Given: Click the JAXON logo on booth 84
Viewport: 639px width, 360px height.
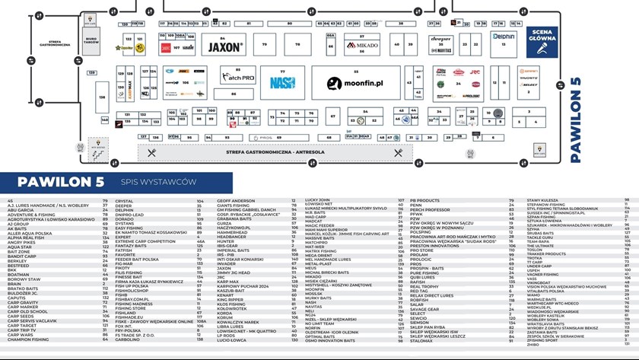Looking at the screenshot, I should [x=226, y=47].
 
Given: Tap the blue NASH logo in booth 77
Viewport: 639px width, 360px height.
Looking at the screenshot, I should [x=282, y=82].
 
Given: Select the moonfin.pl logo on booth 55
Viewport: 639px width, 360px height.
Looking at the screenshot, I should [x=355, y=81].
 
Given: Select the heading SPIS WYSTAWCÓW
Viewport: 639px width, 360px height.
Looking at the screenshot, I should [x=159, y=182].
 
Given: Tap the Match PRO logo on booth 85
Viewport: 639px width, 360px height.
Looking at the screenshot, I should [x=238, y=78].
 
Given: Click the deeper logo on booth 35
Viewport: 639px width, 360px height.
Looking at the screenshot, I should [x=440, y=39].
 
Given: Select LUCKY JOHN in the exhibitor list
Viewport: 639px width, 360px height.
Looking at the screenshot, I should [x=318, y=200].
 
